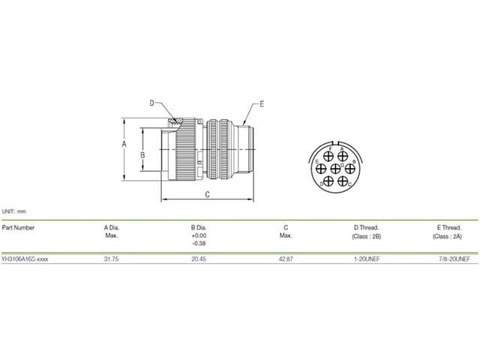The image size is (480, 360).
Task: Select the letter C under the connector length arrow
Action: (207, 194)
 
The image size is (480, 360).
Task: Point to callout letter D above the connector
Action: (151, 103)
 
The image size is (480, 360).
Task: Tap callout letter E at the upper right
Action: (262, 104)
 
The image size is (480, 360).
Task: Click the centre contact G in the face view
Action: (334, 167)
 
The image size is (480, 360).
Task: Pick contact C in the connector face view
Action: (343, 181)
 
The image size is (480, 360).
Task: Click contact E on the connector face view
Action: (318, 167)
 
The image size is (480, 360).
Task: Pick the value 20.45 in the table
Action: (199, 259)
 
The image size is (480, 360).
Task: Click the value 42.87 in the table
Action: (286, 259)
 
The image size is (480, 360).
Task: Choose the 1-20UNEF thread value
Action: (366, 259)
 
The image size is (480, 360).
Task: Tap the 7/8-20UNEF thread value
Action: (454, 259)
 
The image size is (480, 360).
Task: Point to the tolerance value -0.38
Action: (199, 244)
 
